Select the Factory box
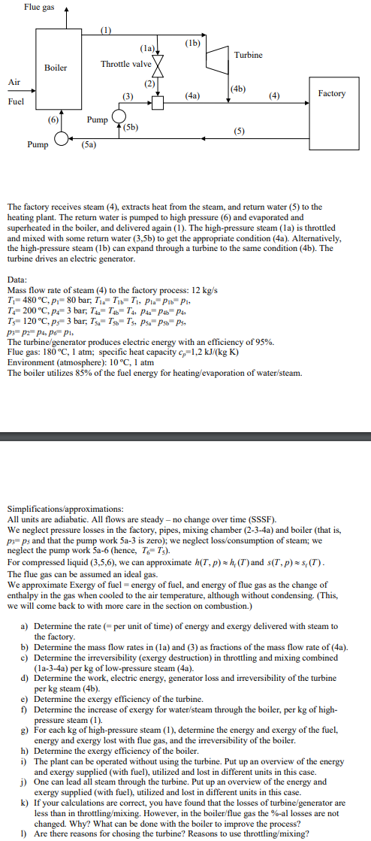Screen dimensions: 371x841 click(331, 94)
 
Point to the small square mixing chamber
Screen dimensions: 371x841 click(158, 103)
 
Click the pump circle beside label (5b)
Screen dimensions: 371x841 click(118, 118)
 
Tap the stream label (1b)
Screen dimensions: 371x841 click(192, 43)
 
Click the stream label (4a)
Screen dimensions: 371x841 click(192, 96)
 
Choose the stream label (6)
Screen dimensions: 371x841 click(53, 119)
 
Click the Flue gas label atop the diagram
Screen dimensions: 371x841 click(38, 7)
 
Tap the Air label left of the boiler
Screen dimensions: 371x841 click(14, 82)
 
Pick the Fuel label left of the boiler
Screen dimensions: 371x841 click(15, 100)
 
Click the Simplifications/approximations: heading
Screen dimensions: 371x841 click(76, 509)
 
